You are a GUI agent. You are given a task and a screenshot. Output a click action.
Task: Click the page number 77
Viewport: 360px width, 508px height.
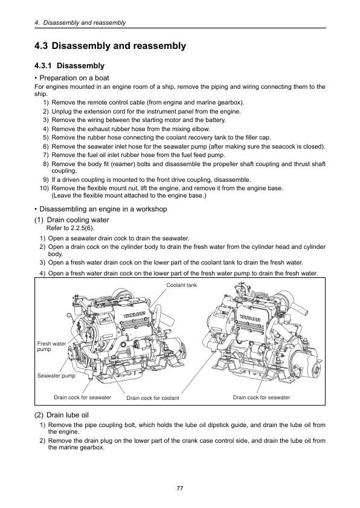pos(180,488)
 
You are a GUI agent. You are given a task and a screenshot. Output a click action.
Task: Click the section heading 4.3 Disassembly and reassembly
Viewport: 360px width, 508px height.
pos(110,46)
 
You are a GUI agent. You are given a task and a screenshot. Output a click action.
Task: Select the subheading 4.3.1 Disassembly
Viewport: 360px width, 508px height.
pos(69,66)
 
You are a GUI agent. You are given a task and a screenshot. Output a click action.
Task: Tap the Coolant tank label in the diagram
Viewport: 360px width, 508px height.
pos(181,285)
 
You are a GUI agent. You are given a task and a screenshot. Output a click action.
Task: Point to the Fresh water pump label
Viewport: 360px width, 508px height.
pos(51,346)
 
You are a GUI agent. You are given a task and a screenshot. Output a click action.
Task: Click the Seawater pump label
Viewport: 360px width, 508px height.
pos(56,376)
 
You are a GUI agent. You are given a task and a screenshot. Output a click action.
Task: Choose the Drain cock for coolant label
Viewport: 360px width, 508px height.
pos(153,398)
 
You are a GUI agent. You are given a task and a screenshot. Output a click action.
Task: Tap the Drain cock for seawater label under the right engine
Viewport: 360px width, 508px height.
pos(262,397)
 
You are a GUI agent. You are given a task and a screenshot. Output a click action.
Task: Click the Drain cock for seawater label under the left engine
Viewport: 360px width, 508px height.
pos(82,397)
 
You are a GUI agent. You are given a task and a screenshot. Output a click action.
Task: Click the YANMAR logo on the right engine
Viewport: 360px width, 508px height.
pos(251,318)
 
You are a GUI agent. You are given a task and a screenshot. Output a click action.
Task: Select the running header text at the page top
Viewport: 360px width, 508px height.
pos(80,23)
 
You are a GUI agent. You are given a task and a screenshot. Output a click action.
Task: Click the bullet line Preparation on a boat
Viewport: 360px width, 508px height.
pos(72,78)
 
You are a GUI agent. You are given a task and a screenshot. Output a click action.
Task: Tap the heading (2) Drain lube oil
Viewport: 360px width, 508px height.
pos(62,415)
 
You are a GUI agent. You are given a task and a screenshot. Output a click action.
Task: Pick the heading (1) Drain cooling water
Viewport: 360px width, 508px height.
pos(72,220)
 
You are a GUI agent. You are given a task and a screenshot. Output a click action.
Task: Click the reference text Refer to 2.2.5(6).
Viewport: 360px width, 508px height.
pos(70,228)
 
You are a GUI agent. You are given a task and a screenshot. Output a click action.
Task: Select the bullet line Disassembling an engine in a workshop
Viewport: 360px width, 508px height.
pos(101,209)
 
